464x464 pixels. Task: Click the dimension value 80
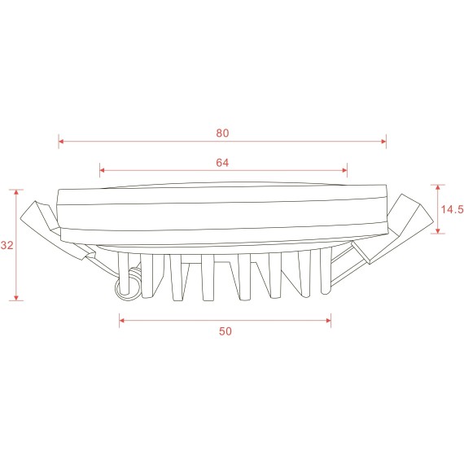222,133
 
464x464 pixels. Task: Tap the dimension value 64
222,162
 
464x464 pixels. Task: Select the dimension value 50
225,331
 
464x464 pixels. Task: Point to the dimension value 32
7,245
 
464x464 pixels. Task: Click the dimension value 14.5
452,209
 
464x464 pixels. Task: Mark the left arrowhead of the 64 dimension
102,171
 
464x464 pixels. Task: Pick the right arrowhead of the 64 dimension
345,171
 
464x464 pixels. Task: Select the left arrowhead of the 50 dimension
122,321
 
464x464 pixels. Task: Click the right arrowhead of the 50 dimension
329,321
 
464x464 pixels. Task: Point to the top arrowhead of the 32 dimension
17,192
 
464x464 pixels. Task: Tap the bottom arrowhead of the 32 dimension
17,298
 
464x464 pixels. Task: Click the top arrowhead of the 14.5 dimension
440,188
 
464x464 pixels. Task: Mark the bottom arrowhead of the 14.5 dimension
440,232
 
